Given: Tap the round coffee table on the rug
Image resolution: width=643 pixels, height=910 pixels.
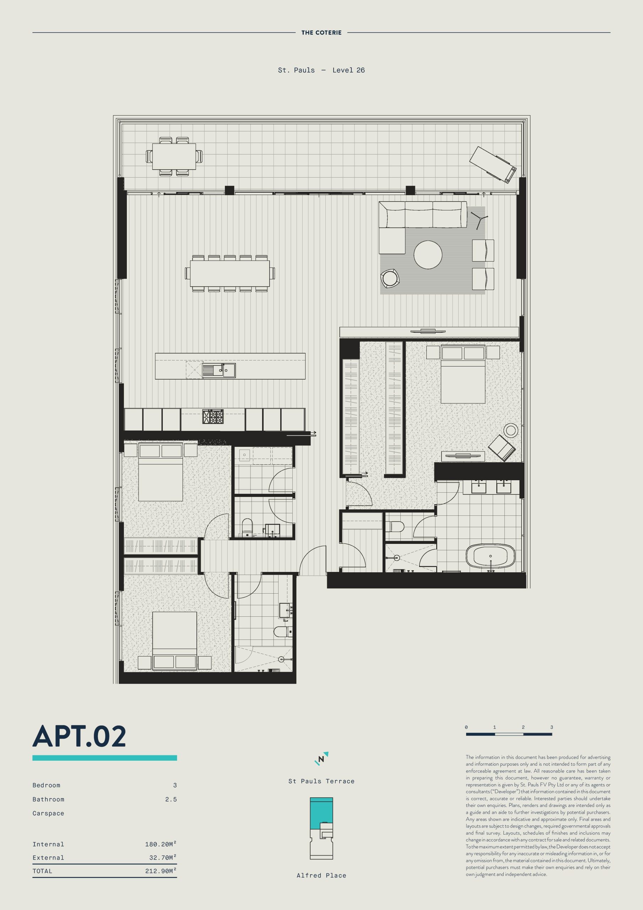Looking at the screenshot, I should tap(427, 255).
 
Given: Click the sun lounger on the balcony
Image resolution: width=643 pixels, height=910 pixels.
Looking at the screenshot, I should tap(492, 164).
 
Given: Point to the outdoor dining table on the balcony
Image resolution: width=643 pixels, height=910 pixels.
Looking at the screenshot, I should tap(174, 156).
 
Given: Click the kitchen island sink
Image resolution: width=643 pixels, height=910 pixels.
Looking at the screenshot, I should tap(219, 370).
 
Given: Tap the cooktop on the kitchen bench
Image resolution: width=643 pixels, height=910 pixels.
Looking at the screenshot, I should tap(213, 417).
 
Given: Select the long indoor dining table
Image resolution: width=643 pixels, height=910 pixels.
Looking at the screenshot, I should tap(230, 273).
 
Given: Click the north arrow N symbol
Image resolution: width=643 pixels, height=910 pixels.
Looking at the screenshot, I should tap(321, 759).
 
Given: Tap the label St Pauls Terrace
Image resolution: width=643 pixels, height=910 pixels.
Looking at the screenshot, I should tap(321, 781).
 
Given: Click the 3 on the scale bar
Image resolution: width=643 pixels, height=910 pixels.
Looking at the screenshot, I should tap(551, 727).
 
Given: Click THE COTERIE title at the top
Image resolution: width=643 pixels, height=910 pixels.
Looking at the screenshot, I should tap(321, 32).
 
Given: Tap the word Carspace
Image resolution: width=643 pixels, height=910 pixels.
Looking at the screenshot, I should tap(48, 813).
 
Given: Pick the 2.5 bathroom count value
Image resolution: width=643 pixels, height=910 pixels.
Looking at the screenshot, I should tap(171, 799).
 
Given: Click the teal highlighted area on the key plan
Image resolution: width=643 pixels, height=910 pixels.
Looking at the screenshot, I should tap(321, 813).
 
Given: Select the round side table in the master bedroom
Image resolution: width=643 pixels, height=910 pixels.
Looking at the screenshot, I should tap(511, 430).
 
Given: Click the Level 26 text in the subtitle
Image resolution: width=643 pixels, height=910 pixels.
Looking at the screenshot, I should tap(348, 70).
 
